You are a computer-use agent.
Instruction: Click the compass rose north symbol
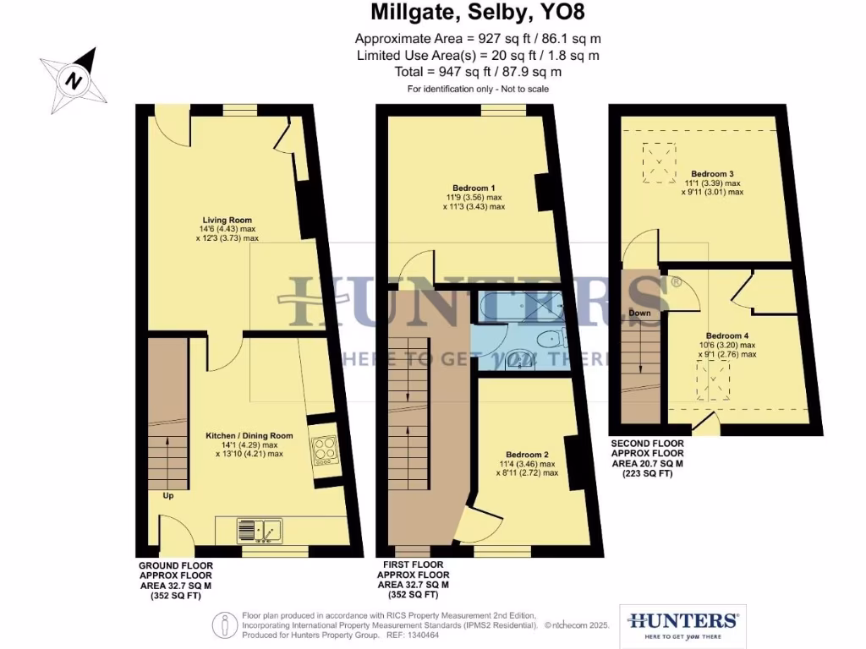pos(74,80)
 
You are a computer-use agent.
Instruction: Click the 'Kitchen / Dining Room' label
pos(249,436)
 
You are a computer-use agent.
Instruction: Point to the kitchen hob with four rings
pos(323,450)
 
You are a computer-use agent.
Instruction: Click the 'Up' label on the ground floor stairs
pos(168,496)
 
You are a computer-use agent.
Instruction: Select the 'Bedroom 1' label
pos(474,188)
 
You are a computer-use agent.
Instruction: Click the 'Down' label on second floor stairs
pos(639,313)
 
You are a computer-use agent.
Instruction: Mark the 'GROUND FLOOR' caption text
pos(176,565)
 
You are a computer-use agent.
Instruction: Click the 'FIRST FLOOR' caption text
pos(413,565)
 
